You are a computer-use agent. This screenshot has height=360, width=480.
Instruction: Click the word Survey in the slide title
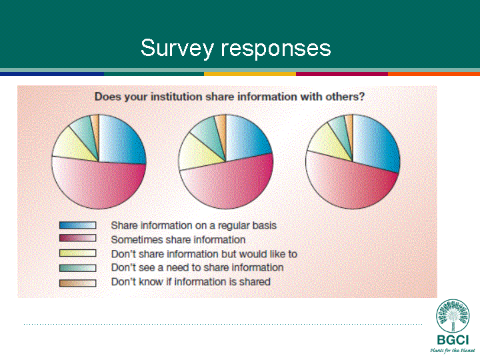point(177,49)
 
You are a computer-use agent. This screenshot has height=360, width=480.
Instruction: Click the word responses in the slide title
point(276,49)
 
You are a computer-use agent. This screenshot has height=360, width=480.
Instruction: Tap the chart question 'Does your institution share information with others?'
point(229,97)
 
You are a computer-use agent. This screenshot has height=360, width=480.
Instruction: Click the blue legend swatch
point(78,225)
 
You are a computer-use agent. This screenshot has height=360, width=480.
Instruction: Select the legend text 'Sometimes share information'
point(178,240)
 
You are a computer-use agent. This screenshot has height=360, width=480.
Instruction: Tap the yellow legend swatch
point(78,253)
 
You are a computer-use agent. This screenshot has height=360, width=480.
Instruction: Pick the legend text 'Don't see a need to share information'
point(197,267)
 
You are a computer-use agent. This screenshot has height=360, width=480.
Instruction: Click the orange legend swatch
point(78,283)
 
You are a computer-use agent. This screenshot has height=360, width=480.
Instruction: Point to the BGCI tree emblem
point(453,316)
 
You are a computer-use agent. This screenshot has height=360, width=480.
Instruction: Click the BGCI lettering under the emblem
point(453,340)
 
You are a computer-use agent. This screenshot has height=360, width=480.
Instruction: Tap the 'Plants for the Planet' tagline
point(453,350)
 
